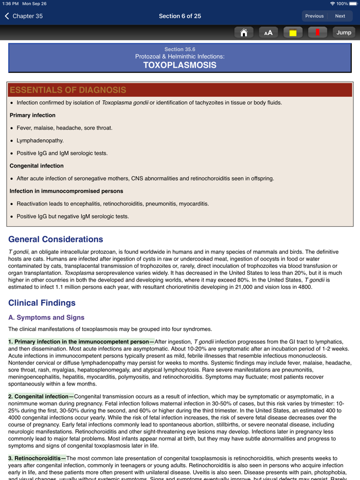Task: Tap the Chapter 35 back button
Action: coord(24,16)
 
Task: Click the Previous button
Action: coord(314,16)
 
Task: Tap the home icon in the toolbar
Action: coord(244,32)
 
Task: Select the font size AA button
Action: coord(268,32)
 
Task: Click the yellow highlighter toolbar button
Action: coord(293,32)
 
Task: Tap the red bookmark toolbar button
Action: coord(317,32)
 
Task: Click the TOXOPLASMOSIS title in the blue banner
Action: coord(179,65)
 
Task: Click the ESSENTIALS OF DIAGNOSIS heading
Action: coord(68,90)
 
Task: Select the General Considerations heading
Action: coord(56,239)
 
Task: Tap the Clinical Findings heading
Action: coord(42,303)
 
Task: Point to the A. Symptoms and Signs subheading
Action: coord(46,318)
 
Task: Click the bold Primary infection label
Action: coord(32,115)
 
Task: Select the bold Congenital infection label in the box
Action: coord(37,166)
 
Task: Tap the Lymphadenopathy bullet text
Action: coord(40,140)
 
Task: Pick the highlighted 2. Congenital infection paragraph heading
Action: coord(41,396)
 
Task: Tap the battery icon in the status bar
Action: coord(353,4)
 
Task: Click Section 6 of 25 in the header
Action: coord(179,16)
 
